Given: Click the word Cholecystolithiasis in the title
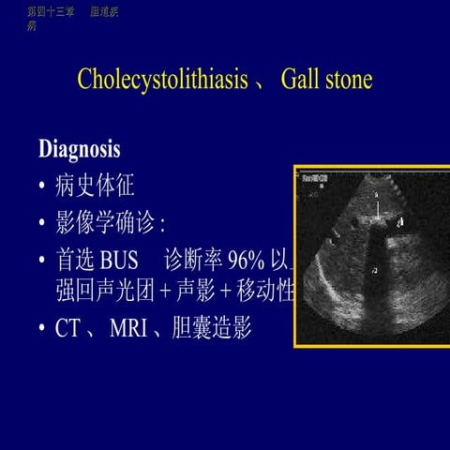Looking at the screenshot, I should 164,80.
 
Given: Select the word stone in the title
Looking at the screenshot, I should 349,80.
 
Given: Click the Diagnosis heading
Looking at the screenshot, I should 80,149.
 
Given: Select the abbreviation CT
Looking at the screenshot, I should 69,329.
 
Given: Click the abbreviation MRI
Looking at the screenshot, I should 127,329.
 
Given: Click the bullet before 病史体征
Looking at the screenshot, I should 42,187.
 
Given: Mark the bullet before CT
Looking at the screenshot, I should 42,330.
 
